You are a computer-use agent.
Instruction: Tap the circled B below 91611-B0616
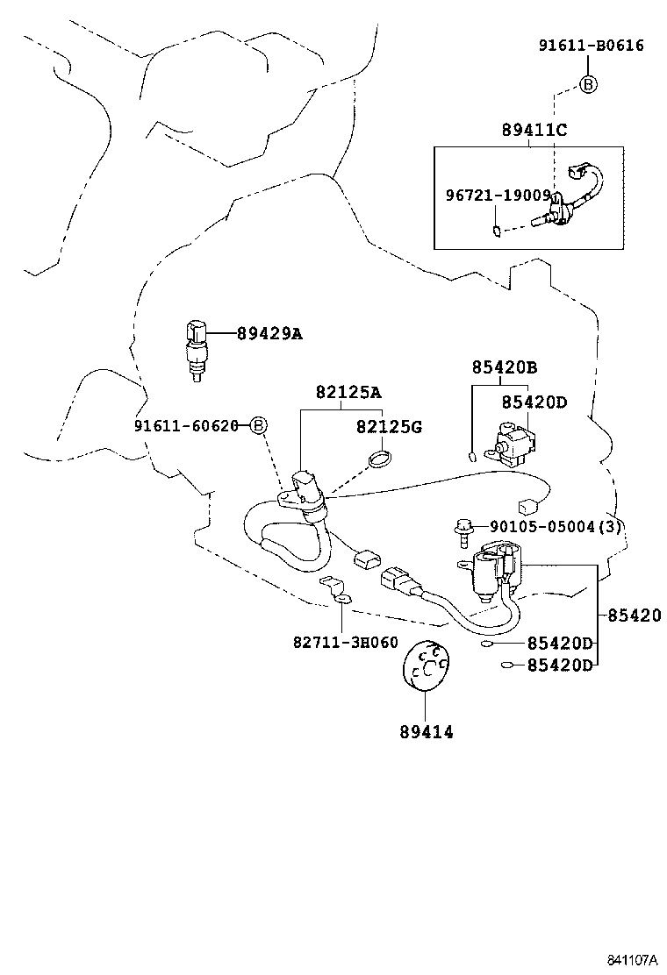coord(588,84)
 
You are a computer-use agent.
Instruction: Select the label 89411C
coord(534,131)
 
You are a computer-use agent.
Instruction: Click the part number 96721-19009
coord(496,196)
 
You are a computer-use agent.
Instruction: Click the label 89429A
coord(269,333)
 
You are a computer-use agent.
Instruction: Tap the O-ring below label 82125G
coord(379,458)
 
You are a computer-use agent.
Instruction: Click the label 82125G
coord(389,427)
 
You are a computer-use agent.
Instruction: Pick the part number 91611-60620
coord(187,426)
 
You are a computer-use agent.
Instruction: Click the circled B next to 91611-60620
coord(258,426)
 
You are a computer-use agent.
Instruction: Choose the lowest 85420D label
coord(560,665)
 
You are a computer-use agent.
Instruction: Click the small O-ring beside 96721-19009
coord(496,232)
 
